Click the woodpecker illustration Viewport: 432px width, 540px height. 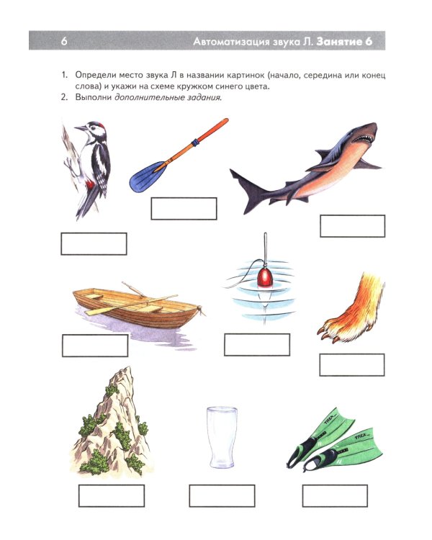point(89,168)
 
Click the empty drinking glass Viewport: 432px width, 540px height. point(222,437)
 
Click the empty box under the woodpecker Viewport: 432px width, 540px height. point(94,244)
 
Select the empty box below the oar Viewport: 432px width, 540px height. point(184,208)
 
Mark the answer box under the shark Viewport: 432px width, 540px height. point(352,226)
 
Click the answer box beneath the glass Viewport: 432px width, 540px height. point(222,495)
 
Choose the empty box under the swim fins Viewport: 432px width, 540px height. point(335,495)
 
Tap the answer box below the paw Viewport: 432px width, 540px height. point(352,365)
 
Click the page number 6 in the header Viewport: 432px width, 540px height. point(64,41)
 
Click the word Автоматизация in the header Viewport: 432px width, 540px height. point(231,42)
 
